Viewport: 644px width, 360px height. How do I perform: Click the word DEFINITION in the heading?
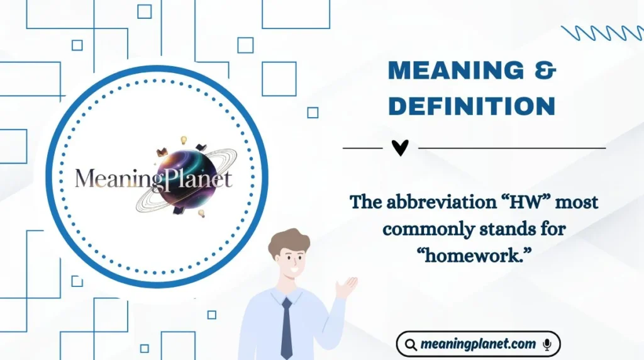[x=472, y=106]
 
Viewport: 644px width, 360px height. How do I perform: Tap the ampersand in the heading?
[x=547, y=71]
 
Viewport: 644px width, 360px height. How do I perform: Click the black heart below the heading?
[x=400, y=148]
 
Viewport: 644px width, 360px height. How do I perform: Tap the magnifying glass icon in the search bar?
[x=411, y=344]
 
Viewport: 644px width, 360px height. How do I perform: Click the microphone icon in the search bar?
[x=547, y=344]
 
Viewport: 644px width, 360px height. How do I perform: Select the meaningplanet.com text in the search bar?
[x=479, y=344]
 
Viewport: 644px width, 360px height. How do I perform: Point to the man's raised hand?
[x=345, y=287]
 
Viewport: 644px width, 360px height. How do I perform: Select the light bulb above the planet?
[x=184, y=140]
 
